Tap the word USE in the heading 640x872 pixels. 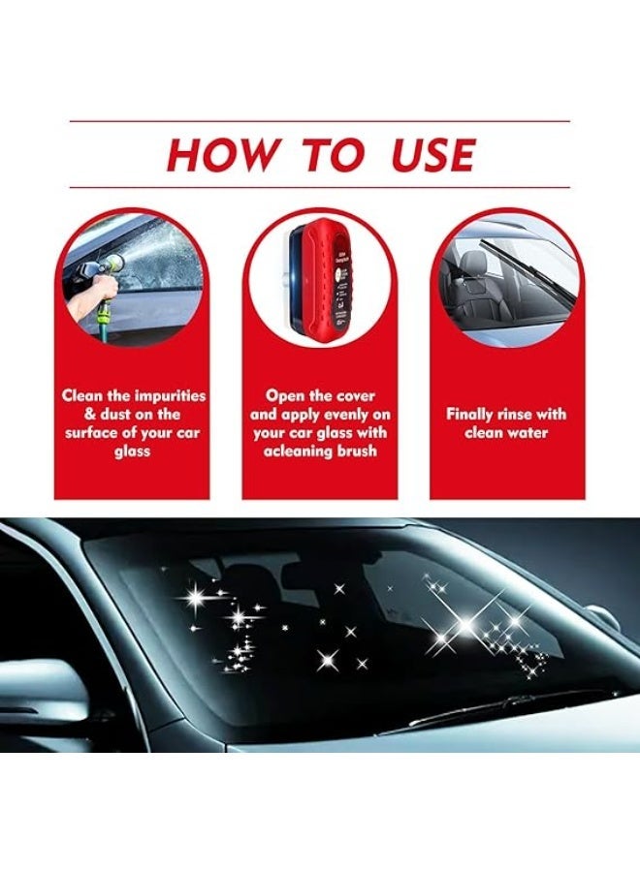point(434,156)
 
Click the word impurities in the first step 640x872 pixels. point(170,395)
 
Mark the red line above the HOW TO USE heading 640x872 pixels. point(320,121)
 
